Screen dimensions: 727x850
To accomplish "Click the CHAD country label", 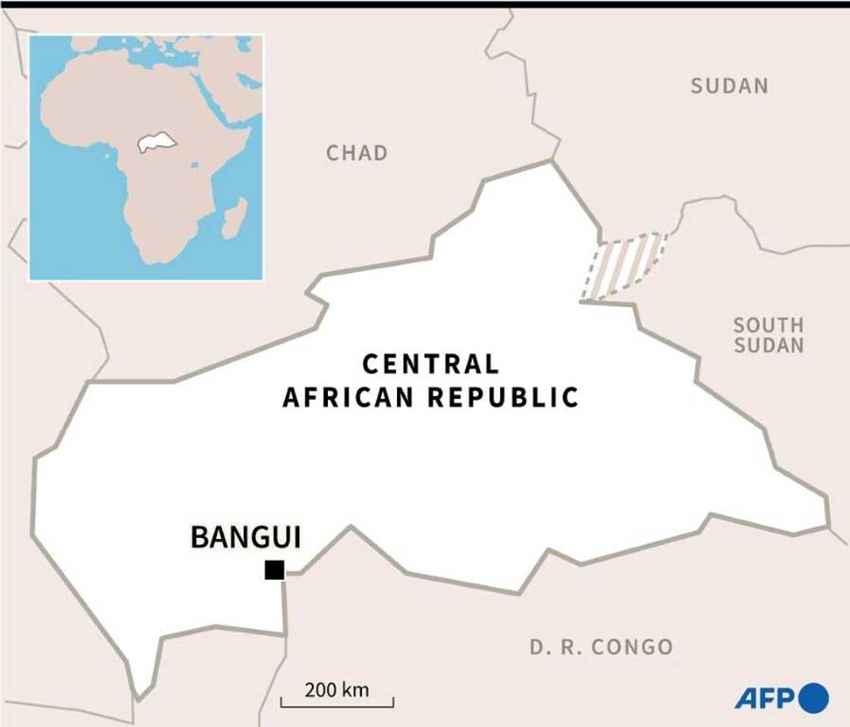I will coord(357,153).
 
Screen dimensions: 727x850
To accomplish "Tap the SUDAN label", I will coord(729,87).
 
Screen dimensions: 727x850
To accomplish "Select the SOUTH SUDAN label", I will coord(768,335).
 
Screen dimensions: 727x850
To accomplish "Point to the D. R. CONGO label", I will coord(601,647).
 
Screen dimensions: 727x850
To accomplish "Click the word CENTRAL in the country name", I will coord(430,364).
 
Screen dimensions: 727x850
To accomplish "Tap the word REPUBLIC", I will coord(503,397).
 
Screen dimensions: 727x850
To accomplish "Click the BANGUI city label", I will coord(245,537).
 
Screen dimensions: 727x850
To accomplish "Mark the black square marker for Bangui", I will coord(274,570).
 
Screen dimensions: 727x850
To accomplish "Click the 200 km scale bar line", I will coord(337,706).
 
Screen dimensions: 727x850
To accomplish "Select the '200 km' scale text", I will coord(337,690).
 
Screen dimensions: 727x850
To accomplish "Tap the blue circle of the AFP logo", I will coord(814,697).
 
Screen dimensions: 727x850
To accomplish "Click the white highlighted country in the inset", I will coord(156,143).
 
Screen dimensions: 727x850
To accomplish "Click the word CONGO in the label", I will coord(632,647).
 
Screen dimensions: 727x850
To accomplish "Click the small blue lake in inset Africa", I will coord(194,165).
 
